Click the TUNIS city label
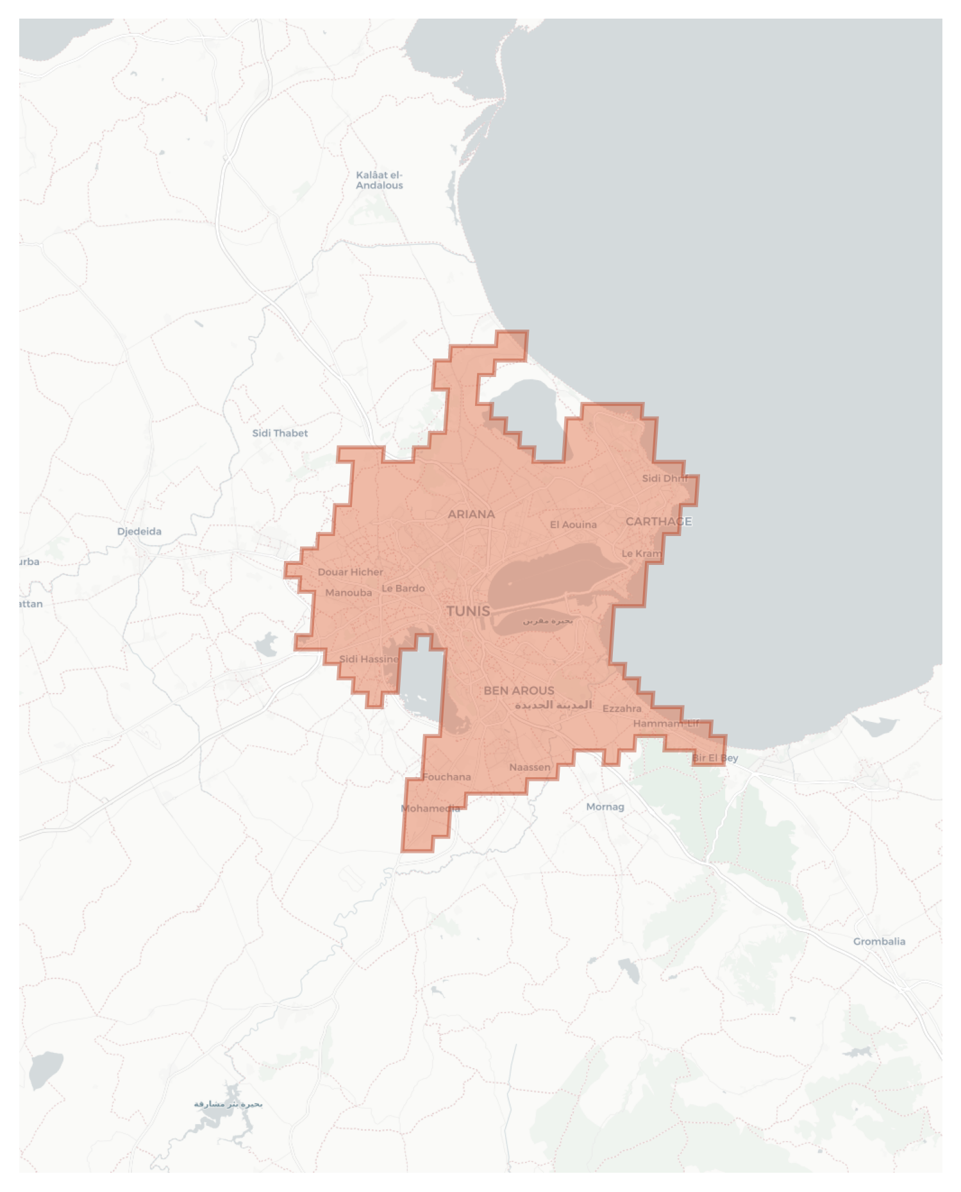[468, 611]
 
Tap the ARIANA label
[471, 514]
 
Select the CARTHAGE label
[658, 521]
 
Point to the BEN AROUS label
[519, 691]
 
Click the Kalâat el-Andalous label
[380, 180]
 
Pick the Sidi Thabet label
[280, 433]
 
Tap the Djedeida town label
[139, 532]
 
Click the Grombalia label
[879, 941]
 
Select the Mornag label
[605, 807]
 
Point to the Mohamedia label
[430, 809]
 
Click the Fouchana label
[446, 777]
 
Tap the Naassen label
[530, 768]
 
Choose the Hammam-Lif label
[666, 724]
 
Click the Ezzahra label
[622, 709]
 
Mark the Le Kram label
[641, 553]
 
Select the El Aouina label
[573, 525]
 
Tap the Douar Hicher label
[350, 572]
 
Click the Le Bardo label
[403, 589]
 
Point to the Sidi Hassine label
[369, 659]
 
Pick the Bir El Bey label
[715, 758]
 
